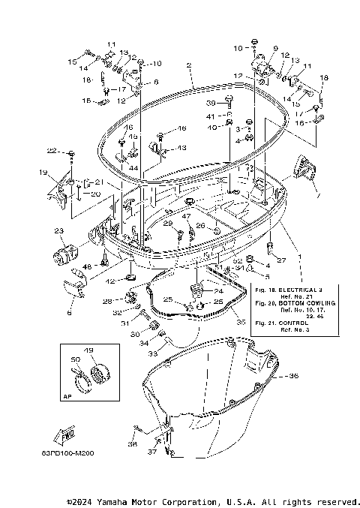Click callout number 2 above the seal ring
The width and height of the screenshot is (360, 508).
pos(190,65)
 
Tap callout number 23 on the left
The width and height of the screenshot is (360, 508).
pos(58,231)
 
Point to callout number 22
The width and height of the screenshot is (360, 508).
pos(51,151)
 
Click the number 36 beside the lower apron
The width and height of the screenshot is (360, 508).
pos(293,375)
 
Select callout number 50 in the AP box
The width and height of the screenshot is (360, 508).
pos(73,361)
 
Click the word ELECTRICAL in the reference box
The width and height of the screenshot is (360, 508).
pos(299,288)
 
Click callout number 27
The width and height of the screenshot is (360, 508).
pos(281,260)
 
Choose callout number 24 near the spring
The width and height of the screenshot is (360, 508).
pos(218,291)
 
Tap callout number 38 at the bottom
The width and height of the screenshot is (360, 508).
pos(133,444)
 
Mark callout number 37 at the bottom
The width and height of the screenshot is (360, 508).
pos(153,452)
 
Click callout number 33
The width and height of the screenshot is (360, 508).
pos(151,353)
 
